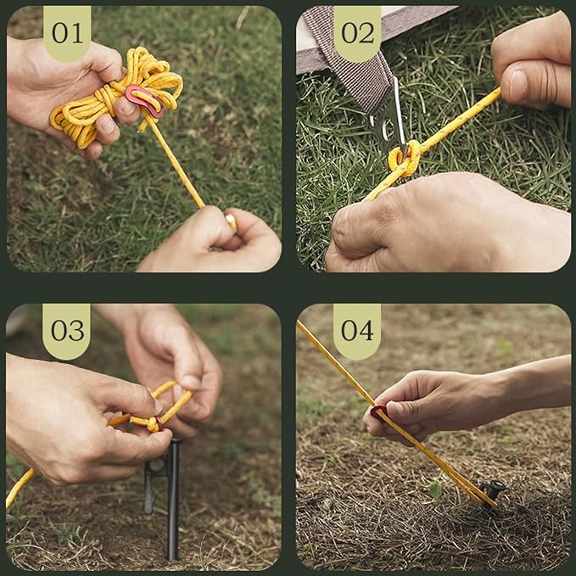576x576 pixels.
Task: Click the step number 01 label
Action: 66,32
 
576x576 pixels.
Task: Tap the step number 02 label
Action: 356,32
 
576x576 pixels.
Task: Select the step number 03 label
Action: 66,330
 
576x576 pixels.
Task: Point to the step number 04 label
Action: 356,330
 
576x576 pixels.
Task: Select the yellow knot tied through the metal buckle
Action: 403,158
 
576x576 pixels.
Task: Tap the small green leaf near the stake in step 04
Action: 435,489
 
